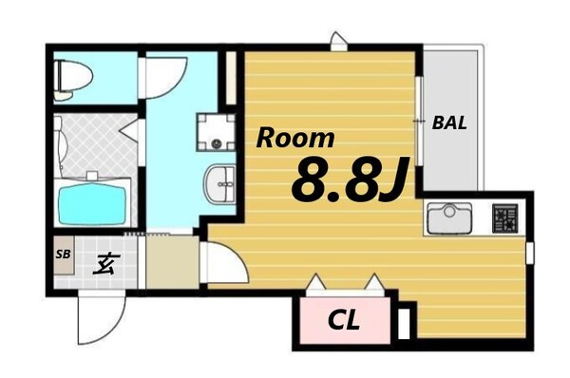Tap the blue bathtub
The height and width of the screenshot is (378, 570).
pyautogui.click(x=93, y=202)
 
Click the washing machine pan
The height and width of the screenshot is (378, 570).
pyautogui.click(x=216, y=133)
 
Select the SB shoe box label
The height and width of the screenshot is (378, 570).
pyautogui.click(x=63, y=254)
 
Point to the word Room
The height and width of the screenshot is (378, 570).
pyautogui.click(x=296, y=138)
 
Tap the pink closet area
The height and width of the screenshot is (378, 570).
pyautogui.click(x=343, y=322)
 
